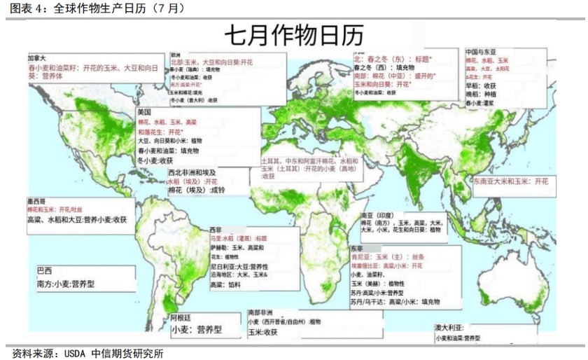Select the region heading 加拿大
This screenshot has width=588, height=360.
pos(36,59)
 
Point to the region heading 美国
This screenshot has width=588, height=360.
pos(144,113)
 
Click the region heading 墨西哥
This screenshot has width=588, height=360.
pos(36,201)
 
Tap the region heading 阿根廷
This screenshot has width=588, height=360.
pos(181,317)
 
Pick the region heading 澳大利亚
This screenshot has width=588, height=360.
pos(450,327)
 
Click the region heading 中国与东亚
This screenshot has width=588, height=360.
pos(481,53)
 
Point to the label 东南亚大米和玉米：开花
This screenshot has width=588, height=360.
pos(510,181)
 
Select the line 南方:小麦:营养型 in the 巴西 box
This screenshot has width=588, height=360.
pos(66,285)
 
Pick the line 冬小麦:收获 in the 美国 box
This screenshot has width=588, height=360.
pos(155,160)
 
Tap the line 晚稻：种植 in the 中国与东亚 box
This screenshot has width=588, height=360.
pos(482,94)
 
